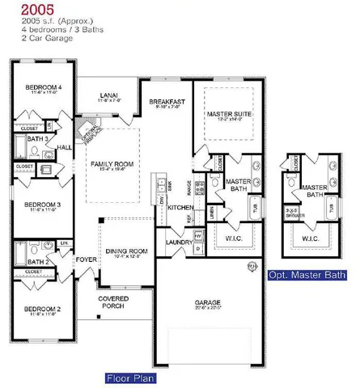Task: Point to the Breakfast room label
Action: coord(167,102)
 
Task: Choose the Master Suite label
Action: coord(229,115)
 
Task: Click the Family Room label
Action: coord(113,163)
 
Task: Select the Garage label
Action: coord(207,300)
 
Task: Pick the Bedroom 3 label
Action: coord(40,205)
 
